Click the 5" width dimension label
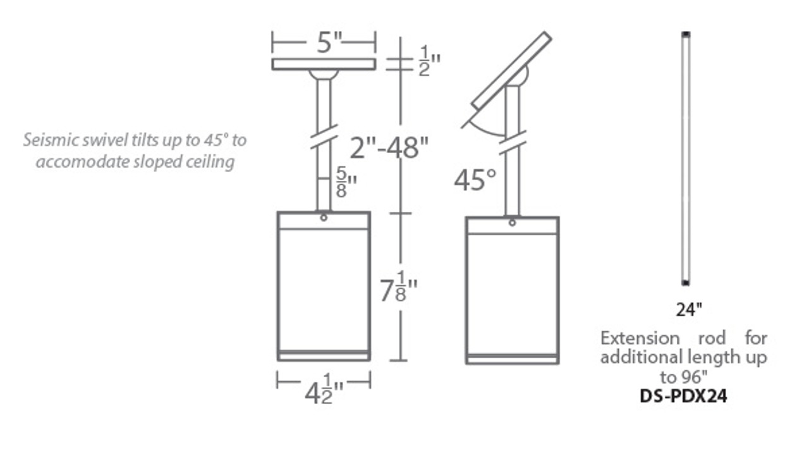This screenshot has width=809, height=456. pos(329,43)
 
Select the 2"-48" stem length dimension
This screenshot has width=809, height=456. pos(390,148)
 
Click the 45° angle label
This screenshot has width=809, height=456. pos(474,180)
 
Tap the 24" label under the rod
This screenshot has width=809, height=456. pos(689,310)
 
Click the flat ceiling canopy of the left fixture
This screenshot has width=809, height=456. pos(324,64)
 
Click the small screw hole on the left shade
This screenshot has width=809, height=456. pos(324,218)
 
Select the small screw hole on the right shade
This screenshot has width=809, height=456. pos(512,223)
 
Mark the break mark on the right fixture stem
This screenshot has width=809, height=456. pos(513,142)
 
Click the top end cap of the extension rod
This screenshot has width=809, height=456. pos(686,34)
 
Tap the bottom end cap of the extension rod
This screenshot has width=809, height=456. pos(686,282)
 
